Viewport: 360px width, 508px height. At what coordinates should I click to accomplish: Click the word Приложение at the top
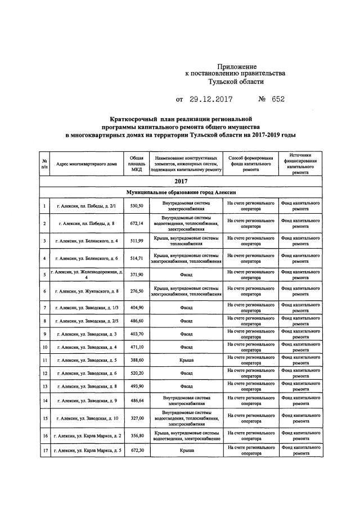[x=237, y=66]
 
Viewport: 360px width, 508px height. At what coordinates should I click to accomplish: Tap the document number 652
[x=278, y=100]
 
